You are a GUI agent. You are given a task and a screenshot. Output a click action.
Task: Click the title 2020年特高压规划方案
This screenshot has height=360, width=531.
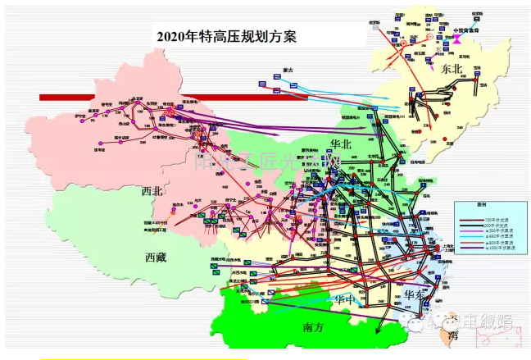227,36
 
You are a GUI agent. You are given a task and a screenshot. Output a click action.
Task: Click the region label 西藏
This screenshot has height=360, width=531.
156,257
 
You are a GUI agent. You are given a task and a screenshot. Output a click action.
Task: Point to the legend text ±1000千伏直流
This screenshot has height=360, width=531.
502,249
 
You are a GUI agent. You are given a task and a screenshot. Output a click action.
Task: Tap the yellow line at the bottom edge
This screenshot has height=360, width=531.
143,358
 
